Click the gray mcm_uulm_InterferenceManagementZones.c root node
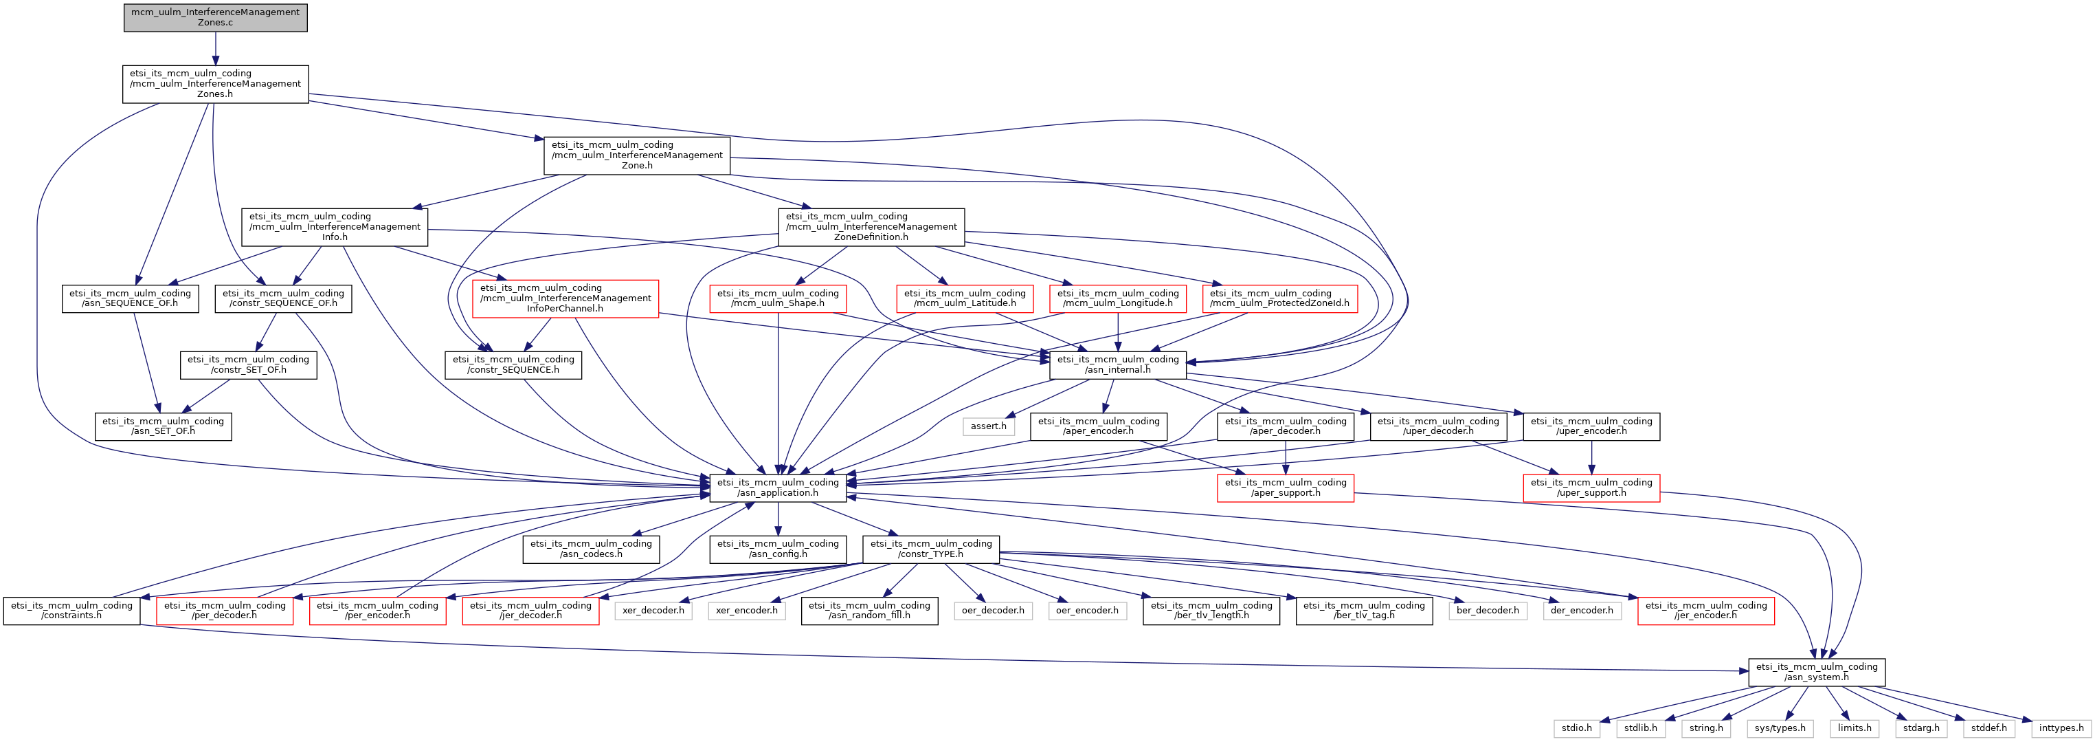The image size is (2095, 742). coord(216,18)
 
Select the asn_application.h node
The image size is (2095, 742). coord(778,488)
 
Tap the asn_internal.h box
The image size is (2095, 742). coord(1117,364)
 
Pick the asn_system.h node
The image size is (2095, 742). coord(1816,672)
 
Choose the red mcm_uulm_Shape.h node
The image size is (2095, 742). coord(778,298)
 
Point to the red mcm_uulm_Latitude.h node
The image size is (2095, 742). coord(965,298)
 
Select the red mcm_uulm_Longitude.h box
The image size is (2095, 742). coord(1117,298)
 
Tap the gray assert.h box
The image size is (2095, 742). coord(988,426)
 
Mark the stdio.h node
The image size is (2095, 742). coord(1576,728)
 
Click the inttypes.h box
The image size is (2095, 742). coord(2061,728)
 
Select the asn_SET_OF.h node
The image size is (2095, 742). coord(163,426)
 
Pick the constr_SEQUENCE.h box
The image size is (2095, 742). coord(513,364)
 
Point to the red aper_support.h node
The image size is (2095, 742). coord(1285,488)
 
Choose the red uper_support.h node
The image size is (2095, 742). coord(1591,488)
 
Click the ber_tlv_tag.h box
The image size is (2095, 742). coord(1364,610)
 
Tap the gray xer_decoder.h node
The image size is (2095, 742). coord(653,610)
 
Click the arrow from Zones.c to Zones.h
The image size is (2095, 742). coord(216,49)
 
